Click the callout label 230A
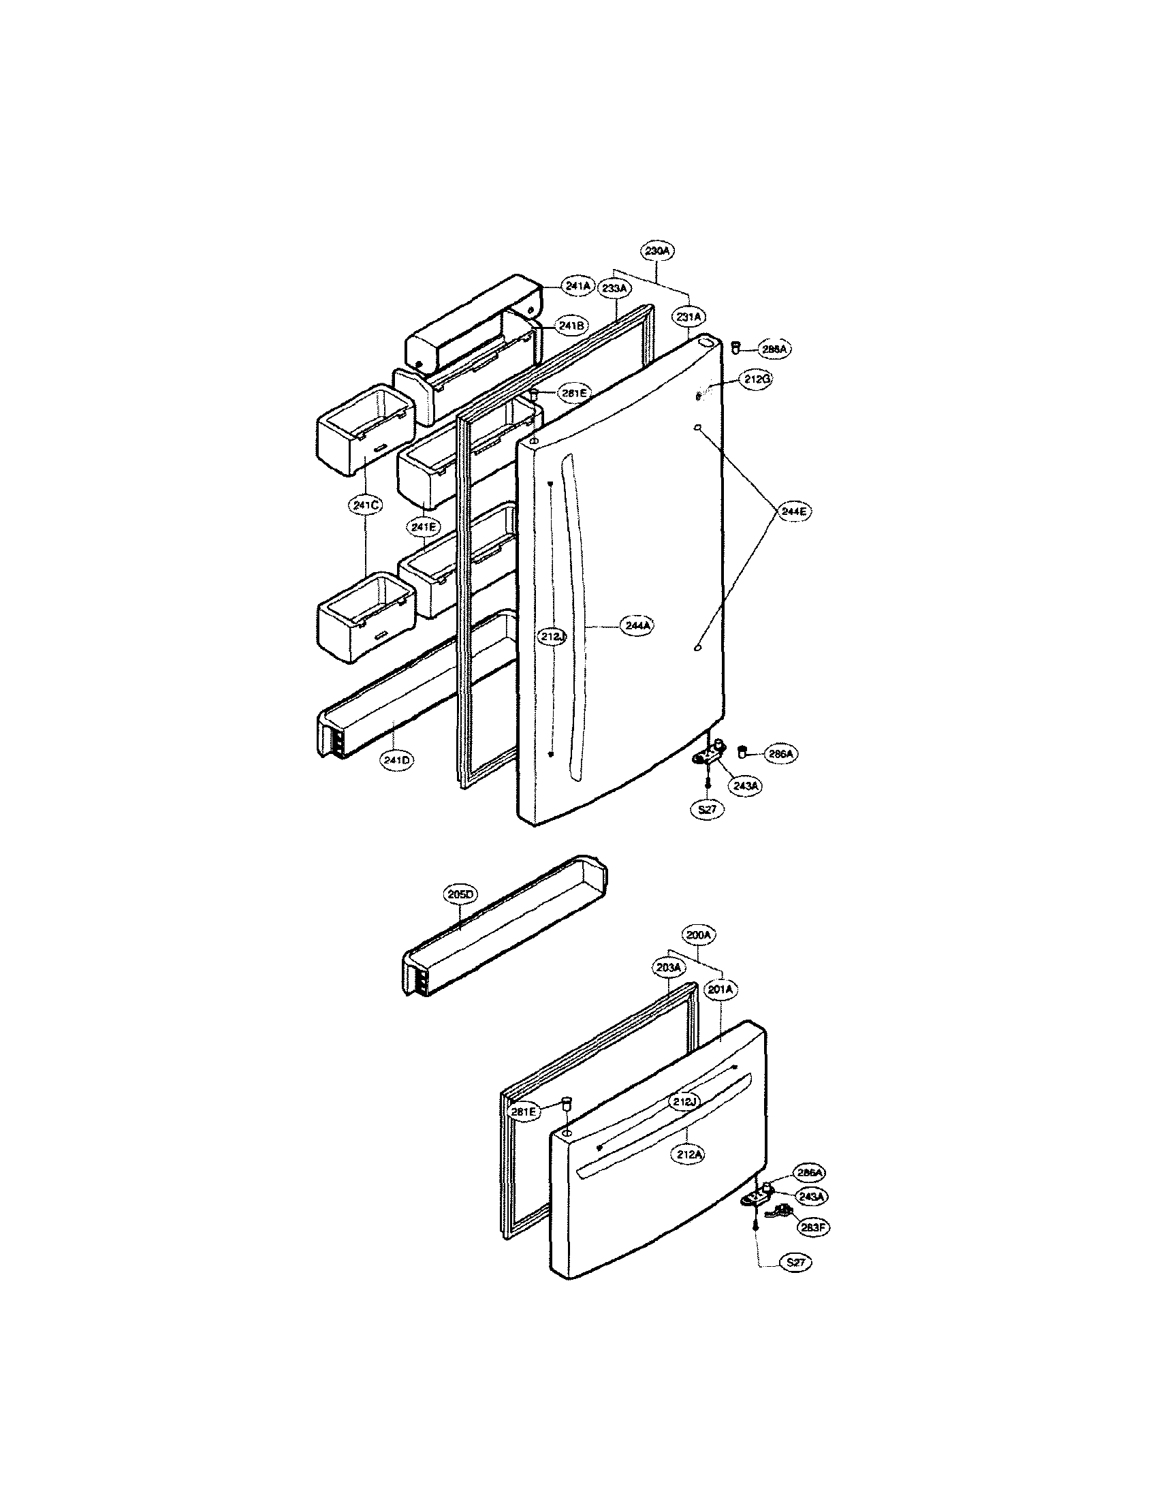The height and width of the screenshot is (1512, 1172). coord(657,250)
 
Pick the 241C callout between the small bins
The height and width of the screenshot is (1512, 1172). coord(365,505)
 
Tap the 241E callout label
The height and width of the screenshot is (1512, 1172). coord(423,527)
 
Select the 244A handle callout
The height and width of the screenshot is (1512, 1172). coord(636,626)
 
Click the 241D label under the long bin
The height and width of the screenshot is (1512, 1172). coord(396,760)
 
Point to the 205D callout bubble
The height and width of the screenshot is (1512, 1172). coord(460,894)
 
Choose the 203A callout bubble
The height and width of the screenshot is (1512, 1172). coord(668,966)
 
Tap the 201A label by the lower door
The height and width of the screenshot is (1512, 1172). coord(720,990)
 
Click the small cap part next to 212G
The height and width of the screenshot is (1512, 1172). coord(697,396)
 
